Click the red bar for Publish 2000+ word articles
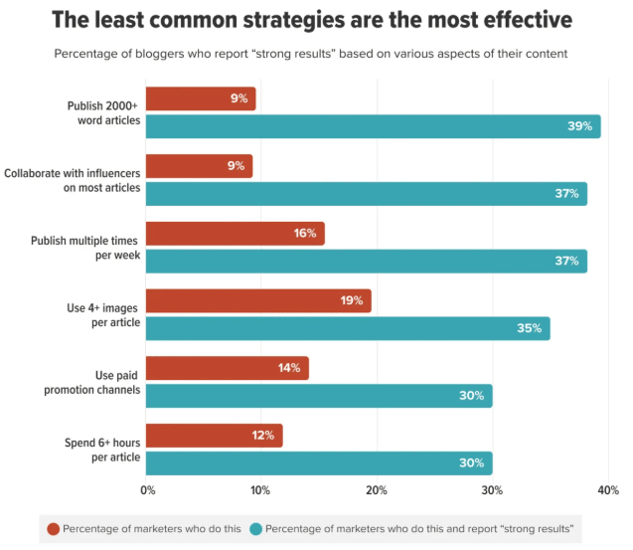pyautogui.click(x=202, y=98)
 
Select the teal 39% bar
pyautogui.click(x=374, y=126)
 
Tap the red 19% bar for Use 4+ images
pyautogui.click(x=259, y=301)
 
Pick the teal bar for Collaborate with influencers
pyautogui.click(x=367, y=194)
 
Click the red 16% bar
pyautogui.click(x=236, y=234)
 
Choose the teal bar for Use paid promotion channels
pyautogui.click(x=320, y=396)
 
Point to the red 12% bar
pyautogui.click(x=215, y=436)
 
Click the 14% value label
pyautogui.click(x=290, y=368)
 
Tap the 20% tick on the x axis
pyautogui.click(x=377, y=489)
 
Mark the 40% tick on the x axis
pyautogui.click(x=607, y=489)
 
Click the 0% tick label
pyautogui.click(x=147, y=489)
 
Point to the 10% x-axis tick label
pyautogui.click(x=261, y=489)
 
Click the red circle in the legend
pyautogui.click(x=55, y=528)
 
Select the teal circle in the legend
pyautogui.click(x=256, y=528)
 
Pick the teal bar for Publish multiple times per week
pyautogui.click(x=367, y=261)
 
